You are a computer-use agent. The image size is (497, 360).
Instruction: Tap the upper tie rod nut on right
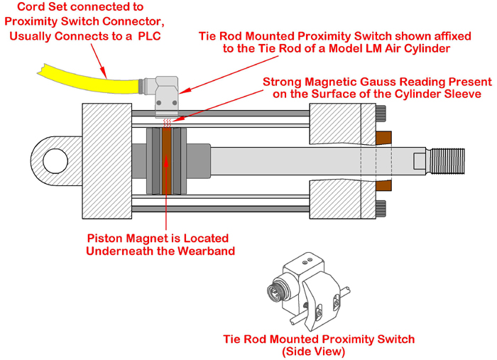coord(381,113)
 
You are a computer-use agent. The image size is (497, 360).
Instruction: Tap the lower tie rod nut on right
coord(381,209)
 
